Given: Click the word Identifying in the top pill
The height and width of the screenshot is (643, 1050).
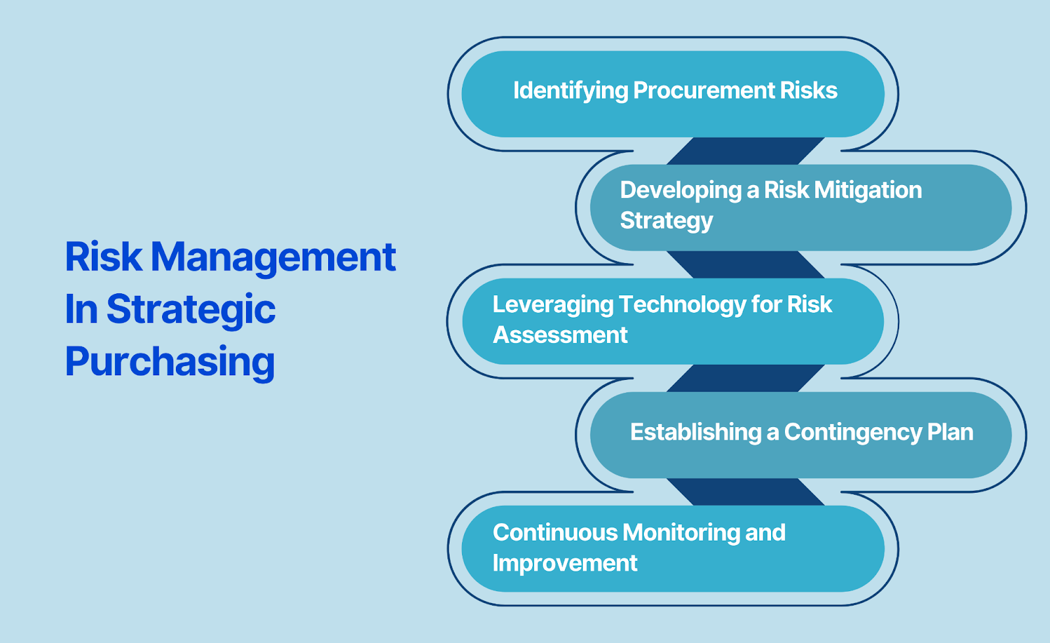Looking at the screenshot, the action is (x=570, y=91).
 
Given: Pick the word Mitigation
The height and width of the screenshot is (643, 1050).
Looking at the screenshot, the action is (x=868, y=191).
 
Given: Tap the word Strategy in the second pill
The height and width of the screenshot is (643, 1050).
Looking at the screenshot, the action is (x=666, y=221).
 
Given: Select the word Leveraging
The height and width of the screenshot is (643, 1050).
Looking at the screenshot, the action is (x=553, y=306).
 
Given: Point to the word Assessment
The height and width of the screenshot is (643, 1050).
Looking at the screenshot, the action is (x=560, y=335).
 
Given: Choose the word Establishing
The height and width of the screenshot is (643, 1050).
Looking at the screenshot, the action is (x=696, y=432).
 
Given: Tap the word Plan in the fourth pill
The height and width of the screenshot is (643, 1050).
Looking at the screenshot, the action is (x=950, y=432).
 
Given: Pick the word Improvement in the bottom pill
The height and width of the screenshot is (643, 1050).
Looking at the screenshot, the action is (x=565, y=564).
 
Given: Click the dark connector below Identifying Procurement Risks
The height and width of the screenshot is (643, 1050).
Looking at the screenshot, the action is (x=745, y=151).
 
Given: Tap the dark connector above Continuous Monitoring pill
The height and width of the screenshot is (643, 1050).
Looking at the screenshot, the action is (x=745, y=492).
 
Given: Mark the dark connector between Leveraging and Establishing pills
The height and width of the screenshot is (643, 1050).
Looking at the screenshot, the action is (x=745, y=378).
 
